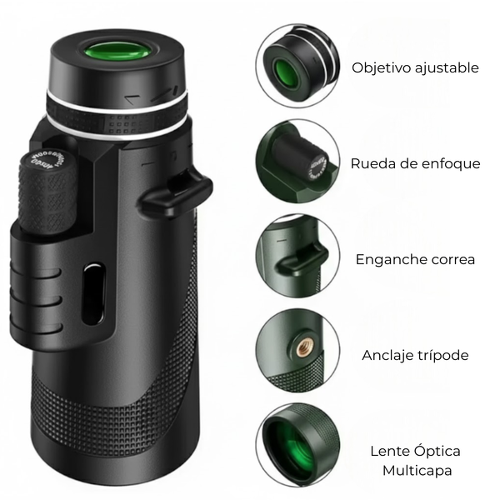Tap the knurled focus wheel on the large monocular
pos(47,192)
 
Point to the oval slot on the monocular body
pos(93,293)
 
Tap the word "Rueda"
pos(370,163)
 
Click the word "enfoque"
pos(451,164)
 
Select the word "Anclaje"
pos(383,355)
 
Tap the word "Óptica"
pos(437,451)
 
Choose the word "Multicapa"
pos(417,471)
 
